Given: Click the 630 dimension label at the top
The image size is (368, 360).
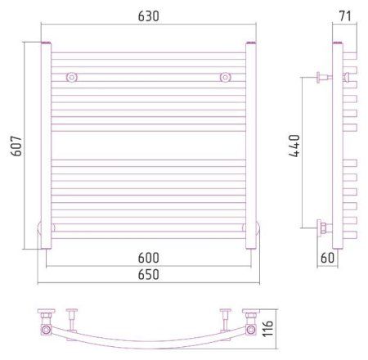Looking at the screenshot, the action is click(148, 16).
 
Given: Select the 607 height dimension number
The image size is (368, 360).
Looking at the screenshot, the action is click(16, 146).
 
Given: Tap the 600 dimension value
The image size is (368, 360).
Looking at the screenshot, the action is click(148, 258).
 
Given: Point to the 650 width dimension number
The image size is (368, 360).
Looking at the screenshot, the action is click(148, 274).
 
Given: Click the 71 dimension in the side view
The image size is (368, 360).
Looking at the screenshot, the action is click(345, 16).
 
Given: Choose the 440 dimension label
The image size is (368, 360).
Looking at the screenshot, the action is click(294, 146).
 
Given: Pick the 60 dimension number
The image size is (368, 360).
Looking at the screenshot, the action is click(327, 258).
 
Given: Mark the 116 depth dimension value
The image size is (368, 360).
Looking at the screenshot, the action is click(267, 329).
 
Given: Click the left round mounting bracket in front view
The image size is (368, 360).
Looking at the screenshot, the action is click(72, 78).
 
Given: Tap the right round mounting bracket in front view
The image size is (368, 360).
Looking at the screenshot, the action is click(225, 78).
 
